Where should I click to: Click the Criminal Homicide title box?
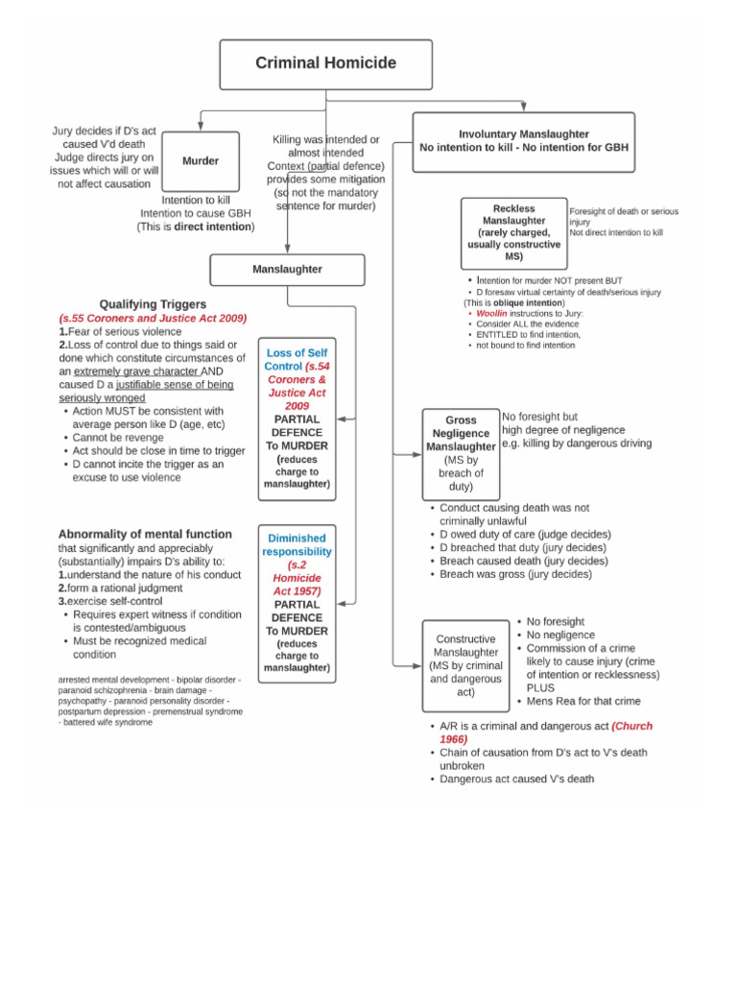pyautogui.click(x=325, y=64)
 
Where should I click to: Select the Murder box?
pyautogui.click(x=201, y=161)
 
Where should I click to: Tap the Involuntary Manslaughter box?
pyautogui.click(x=523, y=141)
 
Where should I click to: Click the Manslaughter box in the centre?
pyautogui.click(x=287, y=270)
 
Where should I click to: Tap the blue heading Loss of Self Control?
pyautogui.click(x=297, y=359)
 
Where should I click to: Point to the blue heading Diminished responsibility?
pyautogui.click(x=297, y=544)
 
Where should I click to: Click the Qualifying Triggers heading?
pyautogui.click(x=153, y=304)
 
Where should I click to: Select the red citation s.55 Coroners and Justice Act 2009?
pyautogui.click(x=153, y=318)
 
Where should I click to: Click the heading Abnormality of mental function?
pyautogui.click(x=145, y=534)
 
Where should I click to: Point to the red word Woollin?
pyautogui.click(x=492, y=313)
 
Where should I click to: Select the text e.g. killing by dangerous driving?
pyautogui.click(x=577, y=444)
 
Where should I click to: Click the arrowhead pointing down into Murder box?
pyautogui.click(x=201, y=127)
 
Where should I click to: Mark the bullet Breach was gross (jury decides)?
pyautogui.click(x=515, y=574)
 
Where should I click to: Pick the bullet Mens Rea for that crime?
pyautogui.click(x=583, y=701)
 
